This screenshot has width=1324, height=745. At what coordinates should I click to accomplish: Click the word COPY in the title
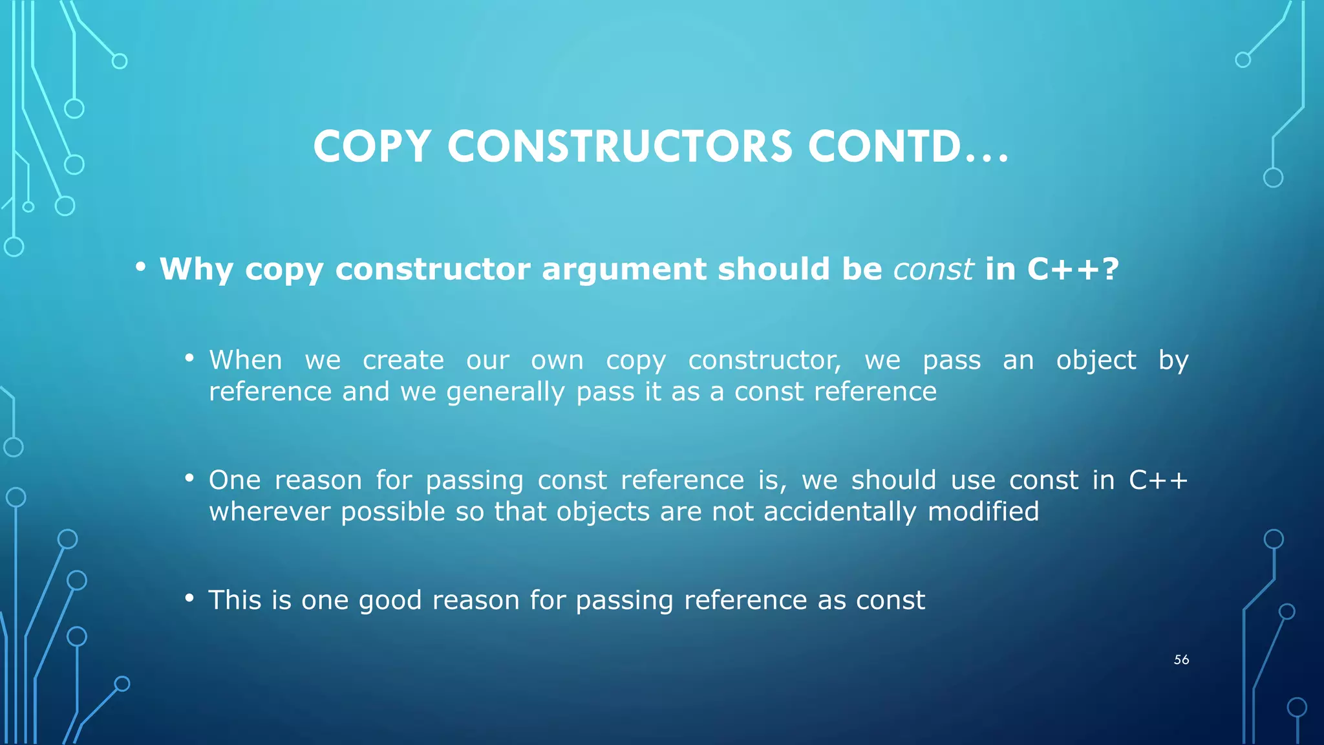coord(372,146)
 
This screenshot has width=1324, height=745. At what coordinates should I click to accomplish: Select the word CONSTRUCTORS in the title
coord(619,146)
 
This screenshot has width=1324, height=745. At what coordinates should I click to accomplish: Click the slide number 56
coord(1181,660)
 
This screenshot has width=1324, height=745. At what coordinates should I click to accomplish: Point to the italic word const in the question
coord(933,269)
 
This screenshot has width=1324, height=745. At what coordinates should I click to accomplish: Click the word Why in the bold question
coord(196,269)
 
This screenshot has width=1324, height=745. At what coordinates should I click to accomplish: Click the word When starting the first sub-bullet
coord(246,360)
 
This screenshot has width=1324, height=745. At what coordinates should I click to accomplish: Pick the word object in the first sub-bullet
coord(1096,360)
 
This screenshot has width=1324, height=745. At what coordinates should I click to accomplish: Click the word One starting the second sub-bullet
coord(235,480)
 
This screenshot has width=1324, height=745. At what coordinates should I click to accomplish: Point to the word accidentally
coord(840,512)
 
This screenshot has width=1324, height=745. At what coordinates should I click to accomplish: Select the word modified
coord(983,512)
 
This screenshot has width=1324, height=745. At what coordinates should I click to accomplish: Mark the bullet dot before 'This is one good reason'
coord(189,598)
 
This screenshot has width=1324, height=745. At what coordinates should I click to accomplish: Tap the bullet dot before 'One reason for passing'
coord(189,478)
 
